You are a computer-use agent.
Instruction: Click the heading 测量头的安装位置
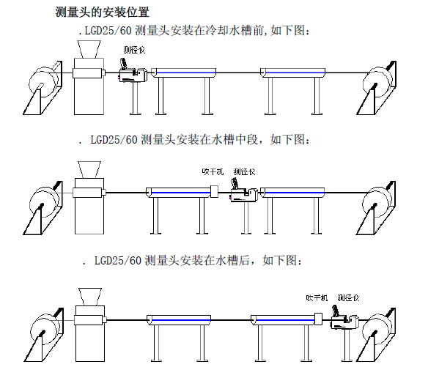click(x=103, y=12)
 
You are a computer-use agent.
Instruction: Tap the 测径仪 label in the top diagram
click(x=134, y=50)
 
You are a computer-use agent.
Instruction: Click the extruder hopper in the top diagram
click(x=90, y=48)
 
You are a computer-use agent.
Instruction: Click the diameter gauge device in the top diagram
click(x=134, y=71)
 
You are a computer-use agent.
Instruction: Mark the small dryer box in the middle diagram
click(x=214, y=193)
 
